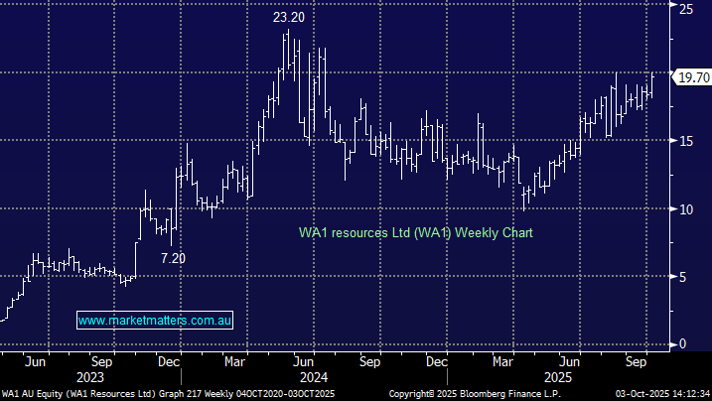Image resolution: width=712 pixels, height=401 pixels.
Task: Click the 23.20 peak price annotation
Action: tap(287, 17)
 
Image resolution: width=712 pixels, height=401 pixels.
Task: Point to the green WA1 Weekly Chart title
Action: tap(416, 233)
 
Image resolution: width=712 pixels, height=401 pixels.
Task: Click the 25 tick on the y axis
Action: tap(686, 9)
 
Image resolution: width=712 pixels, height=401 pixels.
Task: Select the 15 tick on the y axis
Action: tap(686, 141)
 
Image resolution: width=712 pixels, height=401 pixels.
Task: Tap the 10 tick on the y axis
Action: tap(686, 208)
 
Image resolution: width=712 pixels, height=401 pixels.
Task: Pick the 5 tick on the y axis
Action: tap(683, 277)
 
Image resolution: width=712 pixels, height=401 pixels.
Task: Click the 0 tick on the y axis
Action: tap(683, 343)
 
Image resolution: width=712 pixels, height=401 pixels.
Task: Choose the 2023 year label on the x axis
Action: tap(88, 377)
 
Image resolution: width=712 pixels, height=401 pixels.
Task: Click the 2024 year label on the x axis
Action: tap(314, 377)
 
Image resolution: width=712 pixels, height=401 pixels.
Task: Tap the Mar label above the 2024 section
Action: tap(236, 361)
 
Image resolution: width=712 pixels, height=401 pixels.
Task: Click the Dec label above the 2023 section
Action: tap(167, 361)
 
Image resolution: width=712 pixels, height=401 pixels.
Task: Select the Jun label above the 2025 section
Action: tap(570, 361)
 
